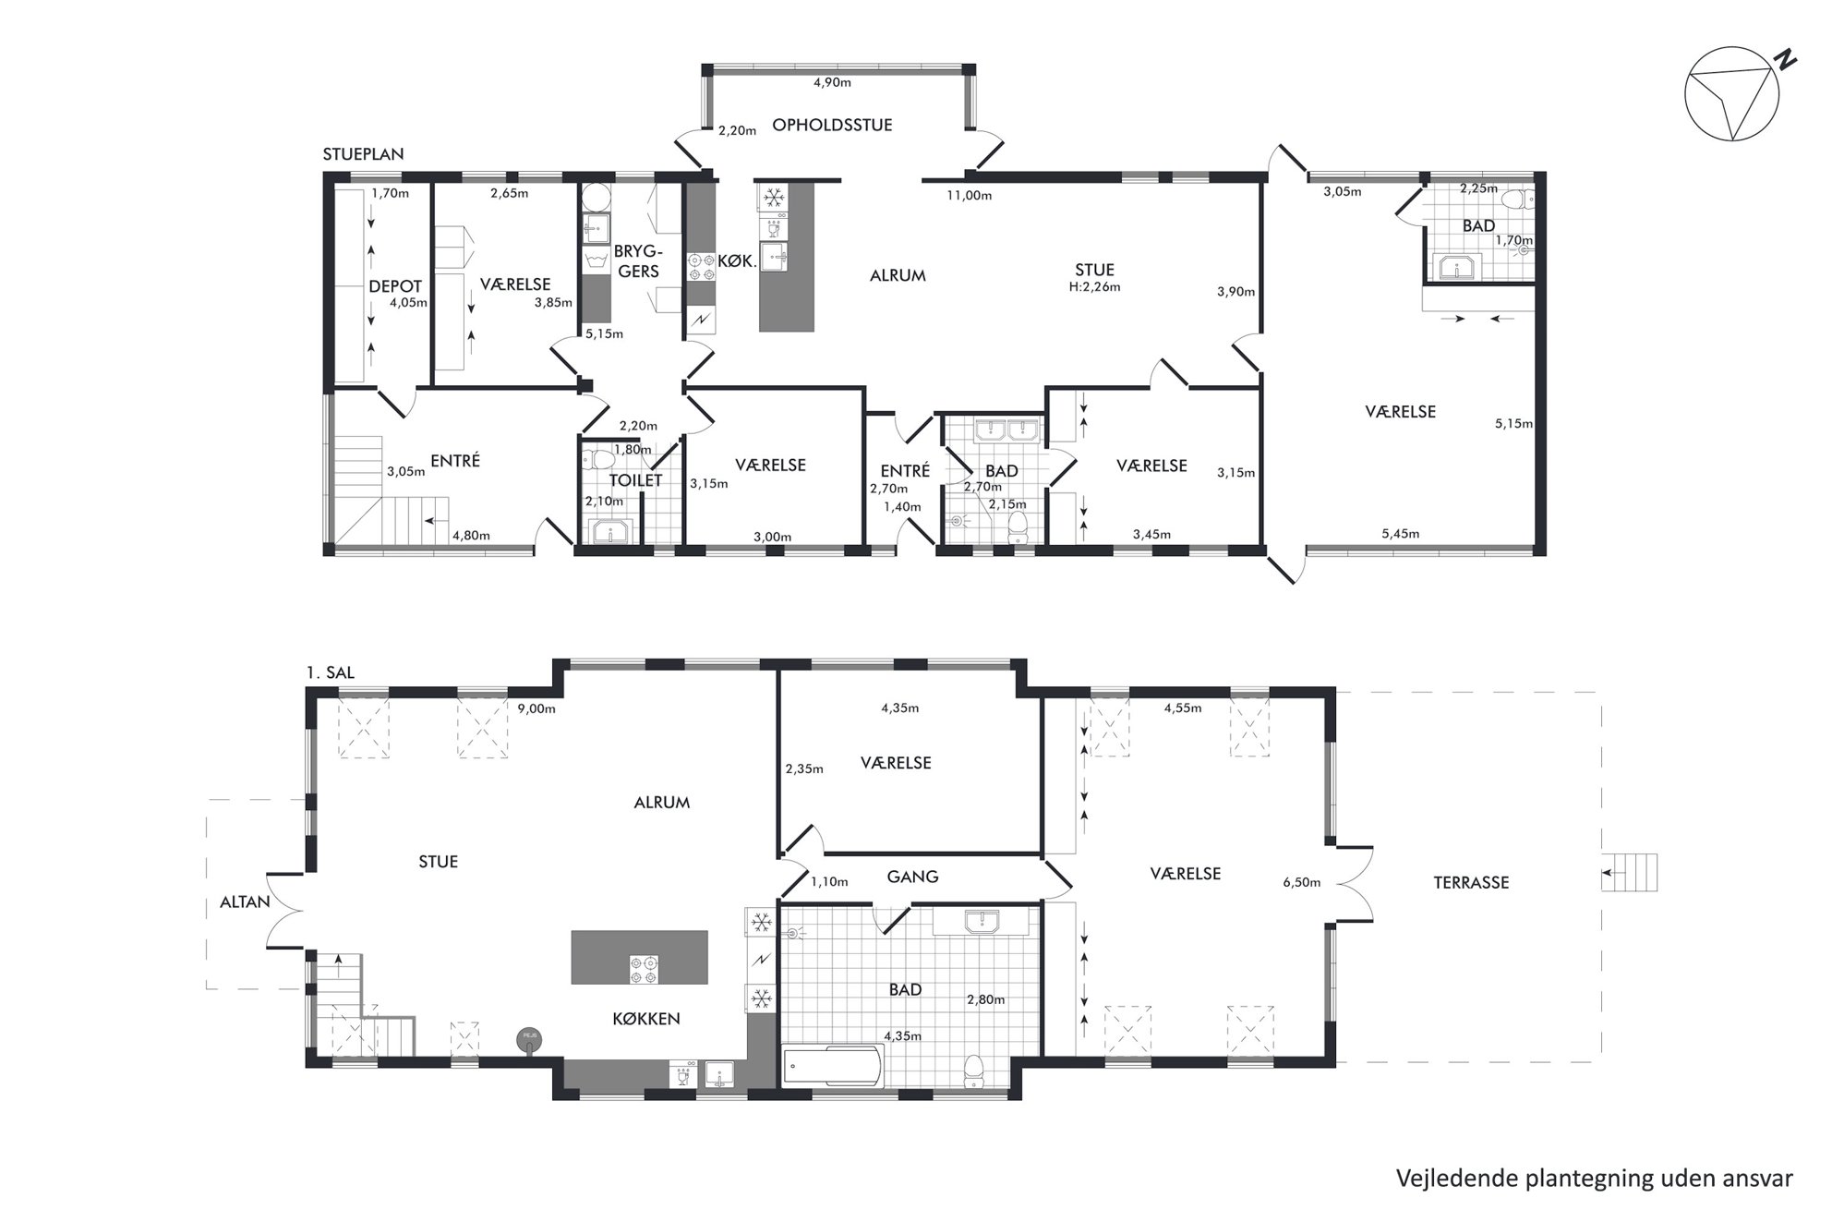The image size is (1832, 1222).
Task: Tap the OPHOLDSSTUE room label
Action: coord(832,125)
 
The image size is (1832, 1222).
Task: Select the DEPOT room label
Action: coord(395,286)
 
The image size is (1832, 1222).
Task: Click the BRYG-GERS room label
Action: coord(638,261)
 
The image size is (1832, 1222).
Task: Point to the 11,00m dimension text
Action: coord(969,195)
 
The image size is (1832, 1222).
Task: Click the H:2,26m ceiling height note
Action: coord(1094,287)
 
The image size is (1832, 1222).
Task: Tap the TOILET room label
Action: coord(635,480)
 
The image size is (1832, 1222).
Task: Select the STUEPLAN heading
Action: coord(363,154)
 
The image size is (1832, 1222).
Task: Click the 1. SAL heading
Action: coord(331,673)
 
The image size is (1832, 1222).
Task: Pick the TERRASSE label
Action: coord(1471,882)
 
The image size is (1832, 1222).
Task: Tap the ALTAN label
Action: coord(245,901)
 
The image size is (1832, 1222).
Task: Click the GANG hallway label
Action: coord(912,877)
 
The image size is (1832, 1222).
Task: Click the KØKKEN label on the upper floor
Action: coord(646,1019)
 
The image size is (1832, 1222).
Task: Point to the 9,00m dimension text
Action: coord(536,708)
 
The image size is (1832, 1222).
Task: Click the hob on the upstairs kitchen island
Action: coord(644,969)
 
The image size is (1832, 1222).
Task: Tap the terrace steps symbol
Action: coord(1630,872)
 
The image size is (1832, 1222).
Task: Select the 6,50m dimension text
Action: coord(1302,882)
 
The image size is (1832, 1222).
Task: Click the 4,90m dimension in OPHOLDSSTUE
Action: coord(832,82)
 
